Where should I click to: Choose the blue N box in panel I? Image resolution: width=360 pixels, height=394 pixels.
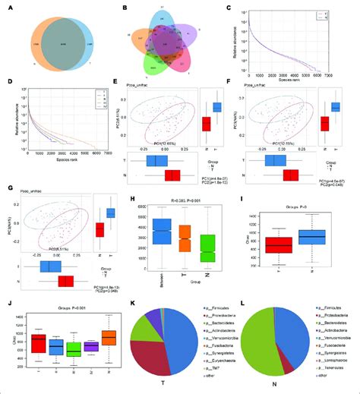311,238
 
